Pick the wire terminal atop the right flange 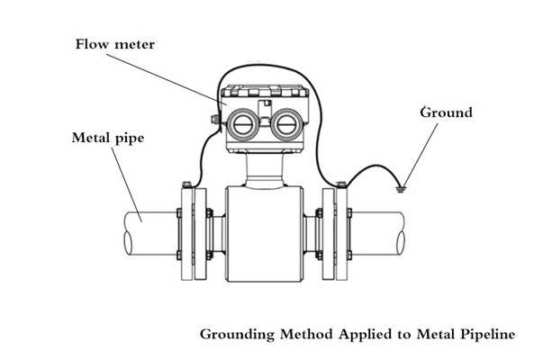coord(341,185)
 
